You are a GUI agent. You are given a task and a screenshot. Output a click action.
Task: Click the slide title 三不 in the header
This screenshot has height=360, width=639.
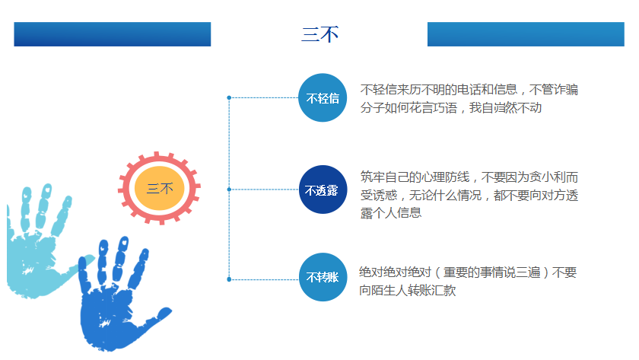coord(319,35)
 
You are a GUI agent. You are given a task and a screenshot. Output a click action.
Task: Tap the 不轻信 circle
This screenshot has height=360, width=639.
coord(323,98)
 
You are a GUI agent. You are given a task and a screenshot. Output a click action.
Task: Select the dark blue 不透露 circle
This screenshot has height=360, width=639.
coord(323,190)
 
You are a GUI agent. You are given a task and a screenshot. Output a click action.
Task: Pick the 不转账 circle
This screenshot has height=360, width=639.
coord(323,277)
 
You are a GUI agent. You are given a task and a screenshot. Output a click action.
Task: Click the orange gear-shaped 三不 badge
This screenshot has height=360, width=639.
coord(160,188)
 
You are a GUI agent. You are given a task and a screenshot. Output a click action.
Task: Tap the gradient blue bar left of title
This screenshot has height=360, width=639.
coord(112,34)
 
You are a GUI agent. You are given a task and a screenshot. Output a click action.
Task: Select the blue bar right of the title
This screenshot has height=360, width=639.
coord(526,34)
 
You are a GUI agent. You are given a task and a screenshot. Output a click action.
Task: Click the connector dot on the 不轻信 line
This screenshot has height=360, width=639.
coord(229,97)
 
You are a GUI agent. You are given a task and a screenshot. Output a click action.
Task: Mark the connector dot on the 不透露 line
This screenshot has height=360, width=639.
coord(229,189)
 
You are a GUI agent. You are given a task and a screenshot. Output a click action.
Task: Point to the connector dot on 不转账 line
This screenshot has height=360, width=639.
coord(229,279)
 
